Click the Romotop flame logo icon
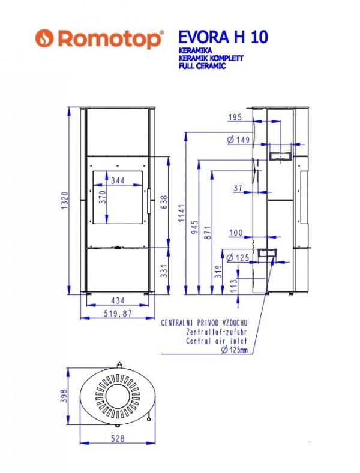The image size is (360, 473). (44, 38)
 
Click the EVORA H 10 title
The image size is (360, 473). (223, 37)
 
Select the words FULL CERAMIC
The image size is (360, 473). (202, 66)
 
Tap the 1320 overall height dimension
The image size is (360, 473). (65, 201)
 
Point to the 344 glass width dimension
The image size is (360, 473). (118, 180)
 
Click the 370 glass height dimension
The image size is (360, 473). (103, 197)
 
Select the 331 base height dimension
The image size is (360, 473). (163, 271)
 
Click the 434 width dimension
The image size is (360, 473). (118, 300)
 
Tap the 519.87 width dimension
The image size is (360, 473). (118, 313)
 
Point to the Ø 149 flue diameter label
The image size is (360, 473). (239, 140)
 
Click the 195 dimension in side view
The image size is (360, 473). (235, 117)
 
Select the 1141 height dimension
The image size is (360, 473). (181, 213)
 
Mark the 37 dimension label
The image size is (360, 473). (238, 188)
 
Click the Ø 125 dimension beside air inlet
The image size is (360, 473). (238, 258)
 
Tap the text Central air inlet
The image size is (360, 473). (217, 341)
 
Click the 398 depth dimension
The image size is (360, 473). (64, 396)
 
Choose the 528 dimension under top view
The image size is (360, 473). (118, 438)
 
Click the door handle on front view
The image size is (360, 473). (149, 201)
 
